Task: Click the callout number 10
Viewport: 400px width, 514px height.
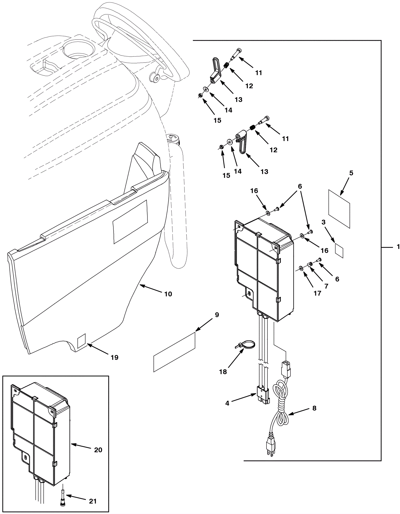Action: pos(168,294)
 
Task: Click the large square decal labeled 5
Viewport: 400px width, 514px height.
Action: pos(339,209)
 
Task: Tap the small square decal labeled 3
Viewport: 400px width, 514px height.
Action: pos(339,250)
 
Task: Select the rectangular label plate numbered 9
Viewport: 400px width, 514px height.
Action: pos(174,352)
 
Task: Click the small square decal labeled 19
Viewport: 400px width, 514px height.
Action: pos(81,341)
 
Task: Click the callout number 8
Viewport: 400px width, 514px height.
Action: pos(314,408)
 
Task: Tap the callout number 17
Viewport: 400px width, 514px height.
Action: pos(317,293)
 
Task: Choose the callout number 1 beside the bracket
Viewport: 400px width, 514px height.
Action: pos(398,247)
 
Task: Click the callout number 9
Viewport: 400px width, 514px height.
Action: pos(217,315)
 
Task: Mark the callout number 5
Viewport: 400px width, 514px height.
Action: pos(351,173)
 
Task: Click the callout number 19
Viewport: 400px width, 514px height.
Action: pos(114,357)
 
